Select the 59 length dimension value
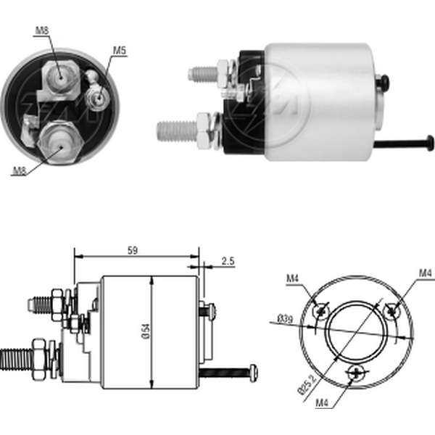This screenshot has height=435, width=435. (x=133, y=250)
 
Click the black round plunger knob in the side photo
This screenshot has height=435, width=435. (x=384, y=84)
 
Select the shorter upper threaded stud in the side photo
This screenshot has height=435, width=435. (x=204, y=73)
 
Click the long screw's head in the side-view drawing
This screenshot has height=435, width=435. (x=252, y=373)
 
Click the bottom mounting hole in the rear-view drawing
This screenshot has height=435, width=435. (x=355, y=373)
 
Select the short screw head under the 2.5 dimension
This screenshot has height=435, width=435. (x=210, y=310)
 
